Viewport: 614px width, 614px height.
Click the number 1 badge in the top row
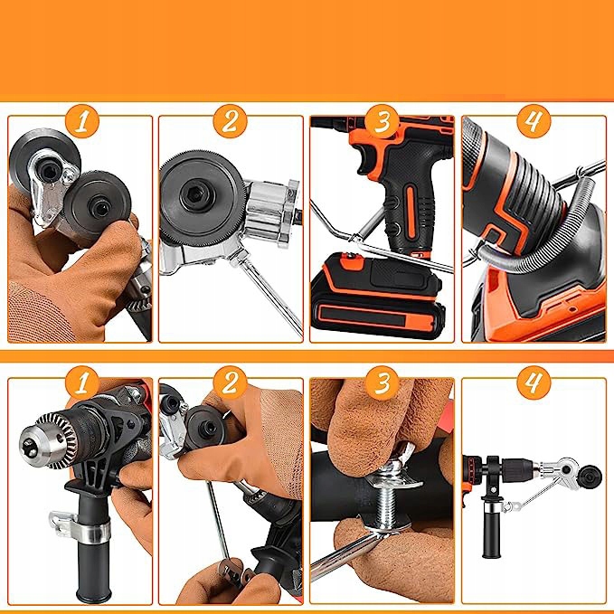coord(81,121)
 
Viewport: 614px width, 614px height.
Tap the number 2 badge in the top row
coord(231,121)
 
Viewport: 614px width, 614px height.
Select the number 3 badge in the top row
coord(383,121)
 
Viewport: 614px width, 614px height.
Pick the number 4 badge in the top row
coord(534,121)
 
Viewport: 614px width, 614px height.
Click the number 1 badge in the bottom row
coord(81,383)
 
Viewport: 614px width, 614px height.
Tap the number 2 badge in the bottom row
coord(231,383)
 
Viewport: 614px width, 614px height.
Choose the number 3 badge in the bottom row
coord(383,383)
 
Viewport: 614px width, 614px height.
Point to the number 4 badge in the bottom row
coord(534,383)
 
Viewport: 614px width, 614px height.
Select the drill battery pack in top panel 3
coord(377,295)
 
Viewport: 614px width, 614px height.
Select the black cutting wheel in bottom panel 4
coord(589,477)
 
